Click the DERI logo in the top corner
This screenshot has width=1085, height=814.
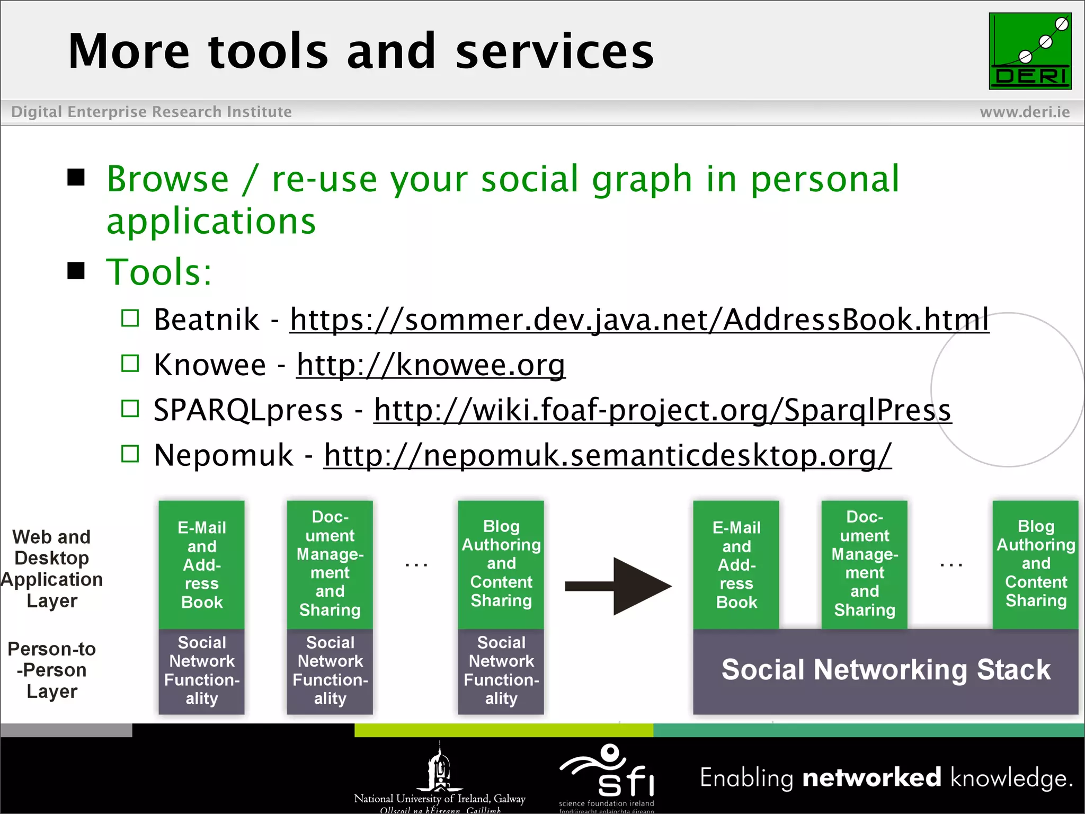coord(1029,51)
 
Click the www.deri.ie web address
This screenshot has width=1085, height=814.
coord(1024,112)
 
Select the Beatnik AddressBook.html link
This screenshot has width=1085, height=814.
coord(639,320)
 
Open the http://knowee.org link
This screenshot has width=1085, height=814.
coord(431,365)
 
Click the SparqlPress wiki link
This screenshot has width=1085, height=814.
coord(662,410)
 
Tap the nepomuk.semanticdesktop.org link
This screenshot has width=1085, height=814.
coord(607,455)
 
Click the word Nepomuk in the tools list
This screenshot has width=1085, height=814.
coord(223,455)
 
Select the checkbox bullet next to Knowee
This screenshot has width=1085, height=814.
coord(130,364)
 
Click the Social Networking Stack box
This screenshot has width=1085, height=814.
coord(885,670)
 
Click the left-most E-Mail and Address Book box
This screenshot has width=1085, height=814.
coord(201,565)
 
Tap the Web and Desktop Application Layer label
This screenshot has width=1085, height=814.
coord(52,569)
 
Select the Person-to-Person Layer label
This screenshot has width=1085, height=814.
coord(52,670)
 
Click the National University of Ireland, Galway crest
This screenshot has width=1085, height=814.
coord(439,768)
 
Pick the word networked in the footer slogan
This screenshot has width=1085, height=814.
coord(871,777)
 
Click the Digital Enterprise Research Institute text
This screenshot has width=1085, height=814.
coord(152,112)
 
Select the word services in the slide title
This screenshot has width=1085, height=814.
coord(554,51)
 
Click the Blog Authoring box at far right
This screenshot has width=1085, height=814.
coord(1035,564)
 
